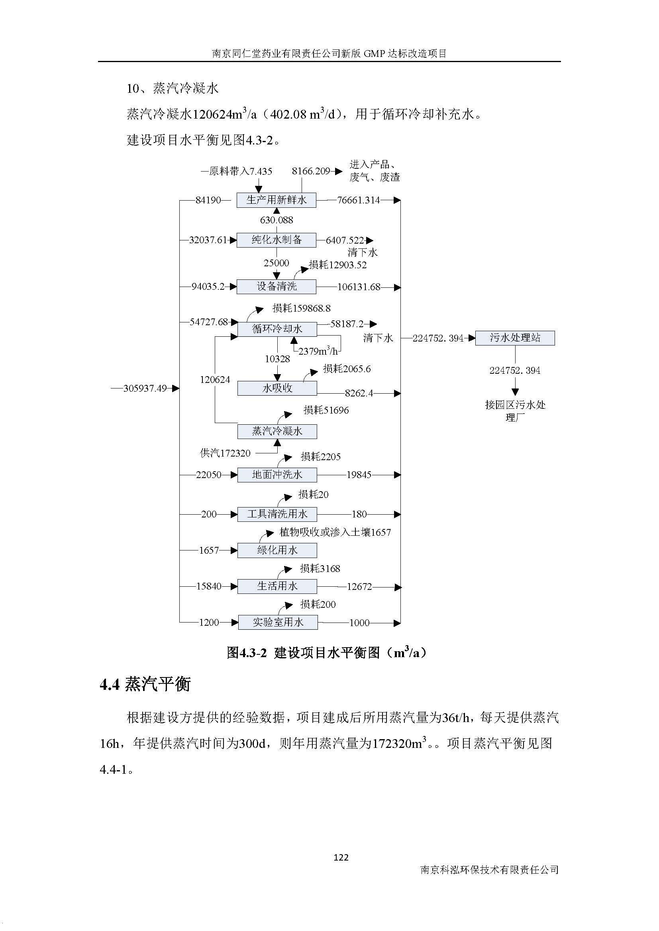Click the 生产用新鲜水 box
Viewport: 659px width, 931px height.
[277, 200]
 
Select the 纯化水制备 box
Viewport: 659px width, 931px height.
[277, 240]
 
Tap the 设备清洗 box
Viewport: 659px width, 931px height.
[277, 287]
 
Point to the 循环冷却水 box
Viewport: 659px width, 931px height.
[277, 329]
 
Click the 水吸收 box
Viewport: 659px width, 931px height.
[277, 388]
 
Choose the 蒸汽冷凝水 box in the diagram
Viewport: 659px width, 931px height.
[277, 431]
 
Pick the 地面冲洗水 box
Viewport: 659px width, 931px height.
[277, 474]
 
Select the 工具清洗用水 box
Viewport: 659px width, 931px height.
[277, 514]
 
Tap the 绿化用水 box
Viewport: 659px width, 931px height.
[277, 550]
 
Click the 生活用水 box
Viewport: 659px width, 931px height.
[277, 586]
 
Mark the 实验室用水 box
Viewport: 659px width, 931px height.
[278, 623]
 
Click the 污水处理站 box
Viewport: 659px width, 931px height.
[515, 338]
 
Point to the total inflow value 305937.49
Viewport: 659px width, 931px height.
[145, 388]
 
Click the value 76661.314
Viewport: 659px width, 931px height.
[358, 200]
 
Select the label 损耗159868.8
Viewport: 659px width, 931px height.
[302, 308]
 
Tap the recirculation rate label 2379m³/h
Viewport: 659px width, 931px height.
[318, 351]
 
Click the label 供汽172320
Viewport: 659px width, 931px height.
[225, 453]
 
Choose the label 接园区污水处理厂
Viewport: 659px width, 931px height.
[515, 411]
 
